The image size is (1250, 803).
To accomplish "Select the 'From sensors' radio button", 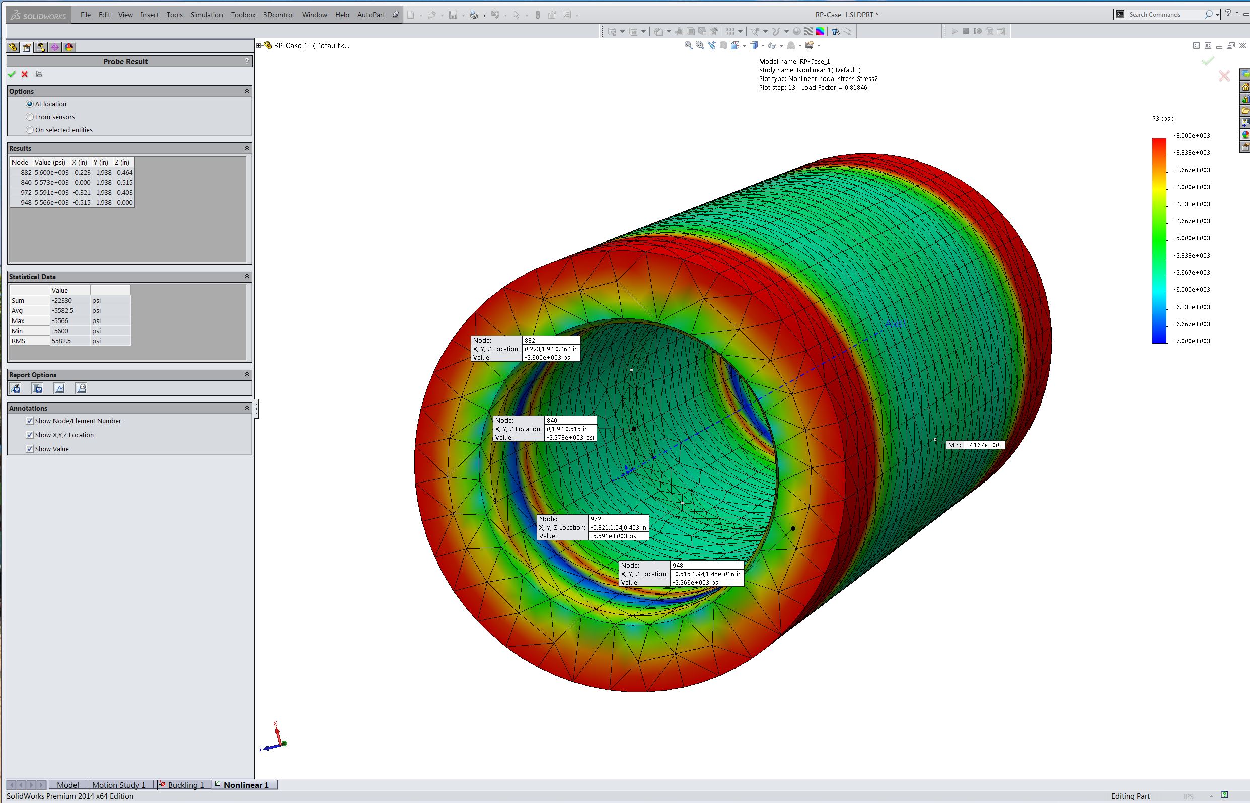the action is (x=30, y=117).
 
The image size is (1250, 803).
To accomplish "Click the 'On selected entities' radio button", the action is (x=30, y=130).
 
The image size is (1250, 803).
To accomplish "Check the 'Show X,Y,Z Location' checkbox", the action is (x=30, y=435).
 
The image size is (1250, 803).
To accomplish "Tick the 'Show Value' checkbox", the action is (x=30, y=449).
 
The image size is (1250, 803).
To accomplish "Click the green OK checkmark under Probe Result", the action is (x=12, y=74).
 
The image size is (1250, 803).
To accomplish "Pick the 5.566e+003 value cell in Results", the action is (x=51, y=203).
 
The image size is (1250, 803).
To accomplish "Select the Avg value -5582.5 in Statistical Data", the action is (x=62, y=311).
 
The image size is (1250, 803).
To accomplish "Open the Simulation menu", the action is (x=206, y=15).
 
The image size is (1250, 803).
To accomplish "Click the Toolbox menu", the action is (x=243, y=15).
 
